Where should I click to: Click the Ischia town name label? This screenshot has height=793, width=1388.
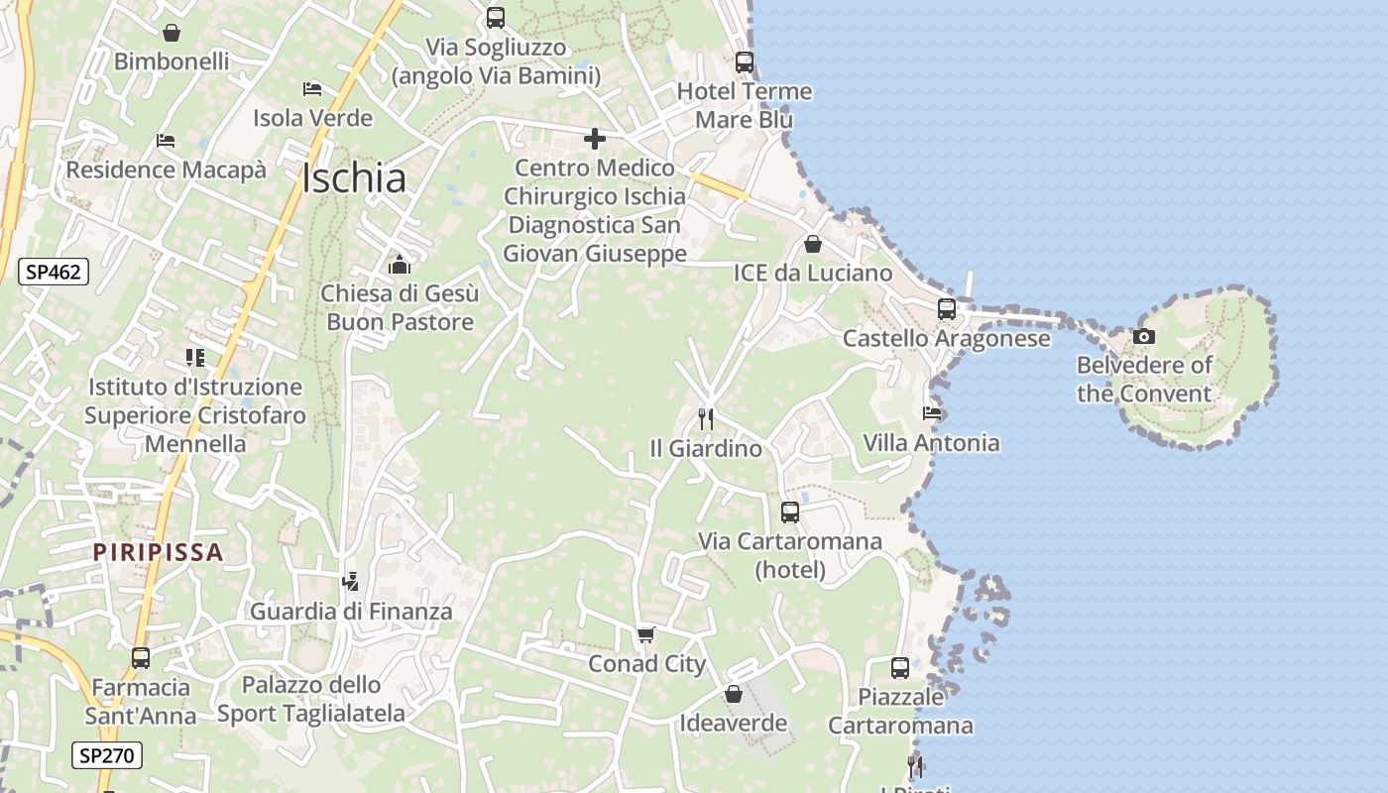click(x=354, y=178)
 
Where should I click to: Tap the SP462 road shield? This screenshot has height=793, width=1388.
click(x=54, y=272)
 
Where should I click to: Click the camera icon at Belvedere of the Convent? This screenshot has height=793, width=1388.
click(x=1144, y=337)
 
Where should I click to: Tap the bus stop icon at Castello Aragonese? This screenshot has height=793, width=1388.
click(x=947, y=309)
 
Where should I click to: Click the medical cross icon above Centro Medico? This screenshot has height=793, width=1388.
click(x=595, y=139)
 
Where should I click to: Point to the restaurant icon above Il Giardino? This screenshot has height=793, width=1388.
click(x=706, y=419)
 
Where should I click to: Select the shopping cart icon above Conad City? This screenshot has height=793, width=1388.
click(x=646, y=634)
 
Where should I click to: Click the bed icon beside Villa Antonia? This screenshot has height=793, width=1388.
click(x=932, y=413)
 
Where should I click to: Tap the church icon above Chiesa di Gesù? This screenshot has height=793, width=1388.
click(x=400, y=265)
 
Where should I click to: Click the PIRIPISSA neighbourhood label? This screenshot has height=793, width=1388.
click(x=159, y=552)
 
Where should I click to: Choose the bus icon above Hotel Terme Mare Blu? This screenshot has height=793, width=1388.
click(x=745, y=61)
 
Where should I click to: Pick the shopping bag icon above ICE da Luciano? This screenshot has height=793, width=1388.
click(x=813, y=244)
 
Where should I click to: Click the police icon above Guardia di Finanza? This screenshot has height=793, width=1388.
click(x=350, y=582)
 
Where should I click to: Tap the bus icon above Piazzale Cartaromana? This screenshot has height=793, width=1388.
click(x=900, y=668)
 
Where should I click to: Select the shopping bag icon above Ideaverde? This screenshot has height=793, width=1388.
click(x=734, y=694)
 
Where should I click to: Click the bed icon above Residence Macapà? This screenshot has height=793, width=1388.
click(x=166, y=141)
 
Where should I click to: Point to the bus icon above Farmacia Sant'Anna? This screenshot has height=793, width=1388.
click(x=141, y=658)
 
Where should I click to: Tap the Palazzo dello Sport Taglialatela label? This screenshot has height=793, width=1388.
click(x=311, y=699)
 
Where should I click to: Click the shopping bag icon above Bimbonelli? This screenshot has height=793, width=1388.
click(x=172, y=33)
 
